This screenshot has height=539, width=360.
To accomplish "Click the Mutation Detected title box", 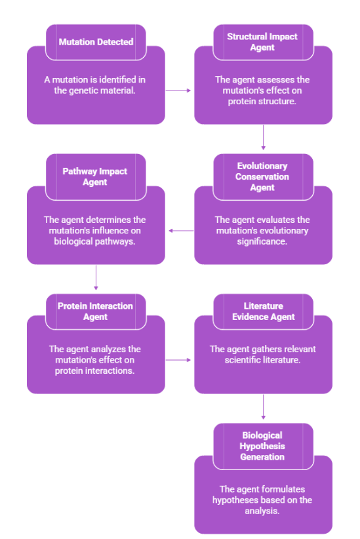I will (96, 42).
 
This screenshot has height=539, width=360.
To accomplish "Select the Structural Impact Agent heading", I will (263, 42).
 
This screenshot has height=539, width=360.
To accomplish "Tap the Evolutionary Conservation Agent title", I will (263, 177).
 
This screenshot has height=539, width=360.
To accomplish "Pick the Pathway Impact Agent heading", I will (96, 177).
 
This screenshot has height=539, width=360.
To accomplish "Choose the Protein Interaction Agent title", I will (96, 311).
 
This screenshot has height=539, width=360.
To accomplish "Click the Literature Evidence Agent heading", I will (263, 311).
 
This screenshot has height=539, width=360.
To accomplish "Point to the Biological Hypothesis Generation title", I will (263, 446).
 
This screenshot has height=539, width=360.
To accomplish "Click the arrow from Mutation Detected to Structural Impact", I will (179, 90).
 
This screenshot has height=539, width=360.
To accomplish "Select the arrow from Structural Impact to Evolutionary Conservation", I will (263, 138).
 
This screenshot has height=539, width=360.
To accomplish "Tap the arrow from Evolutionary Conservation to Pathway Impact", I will (180, 230).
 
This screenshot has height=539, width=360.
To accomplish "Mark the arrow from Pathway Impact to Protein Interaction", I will (96, 277).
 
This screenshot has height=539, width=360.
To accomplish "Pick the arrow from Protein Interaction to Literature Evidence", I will (179, 360).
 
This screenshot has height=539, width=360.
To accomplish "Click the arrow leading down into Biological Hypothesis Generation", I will (263, 407).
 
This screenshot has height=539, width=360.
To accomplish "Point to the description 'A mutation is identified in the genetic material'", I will (96, 85).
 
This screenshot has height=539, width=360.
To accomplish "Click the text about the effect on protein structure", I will (263, 90).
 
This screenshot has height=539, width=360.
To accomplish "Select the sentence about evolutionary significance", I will (263, 230).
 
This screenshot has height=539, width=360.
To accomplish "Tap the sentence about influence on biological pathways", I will (96, 230).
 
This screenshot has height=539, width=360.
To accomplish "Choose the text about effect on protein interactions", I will (96, 360).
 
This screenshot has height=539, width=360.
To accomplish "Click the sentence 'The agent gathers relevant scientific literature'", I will (263, 355).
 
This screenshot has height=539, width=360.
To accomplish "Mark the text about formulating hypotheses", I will (263, 500).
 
